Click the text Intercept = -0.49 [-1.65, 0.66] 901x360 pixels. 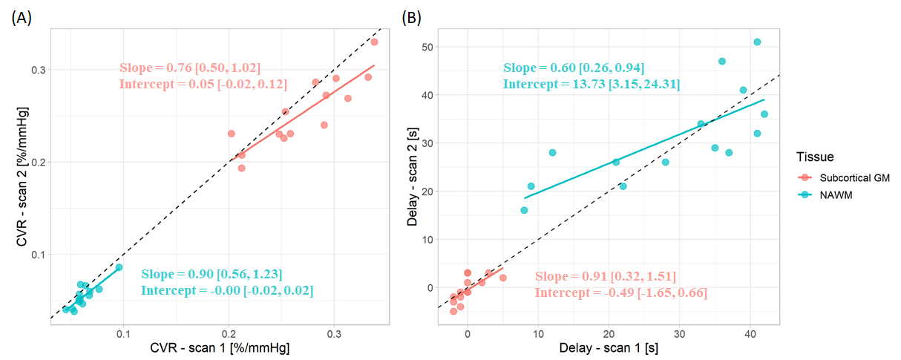pos(620,292)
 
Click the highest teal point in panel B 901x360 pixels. pos(757,42)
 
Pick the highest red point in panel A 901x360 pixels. pos(374,42)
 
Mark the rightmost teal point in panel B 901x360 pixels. pos(764,114)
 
